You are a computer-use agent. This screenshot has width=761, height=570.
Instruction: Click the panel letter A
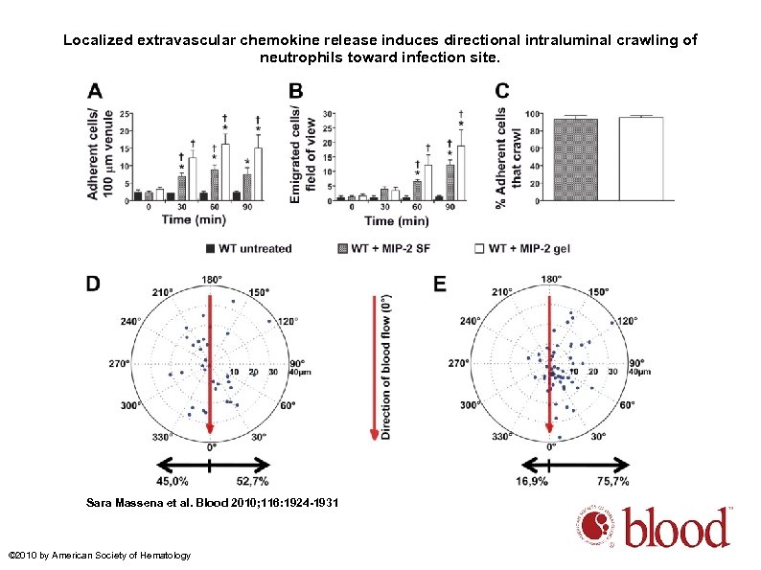click(x=95, y=91)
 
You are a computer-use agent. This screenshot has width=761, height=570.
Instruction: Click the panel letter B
click(x=296, y=91)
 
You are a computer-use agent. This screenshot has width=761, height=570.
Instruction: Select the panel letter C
click(x=502, y=91)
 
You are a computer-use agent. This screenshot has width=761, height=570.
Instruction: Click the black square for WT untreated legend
click(x=210, y=248)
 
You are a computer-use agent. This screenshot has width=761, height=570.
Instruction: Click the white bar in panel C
click(x=641, y=159)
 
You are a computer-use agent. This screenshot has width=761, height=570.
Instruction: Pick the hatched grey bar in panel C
click(x=576, y=160)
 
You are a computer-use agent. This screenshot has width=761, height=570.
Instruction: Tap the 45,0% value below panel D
click(x=173, y=481)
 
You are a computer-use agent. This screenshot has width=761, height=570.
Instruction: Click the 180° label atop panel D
click(x=210, y=279)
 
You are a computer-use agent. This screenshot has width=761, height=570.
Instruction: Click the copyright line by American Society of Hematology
click(x=99, y=556)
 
